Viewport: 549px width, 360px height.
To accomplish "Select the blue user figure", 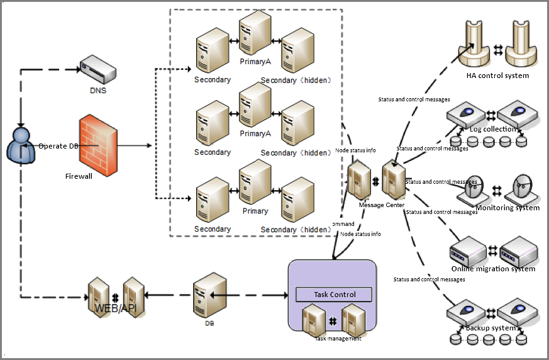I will pos(21,145).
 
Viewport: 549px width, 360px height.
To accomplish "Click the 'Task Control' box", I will pos(335,295).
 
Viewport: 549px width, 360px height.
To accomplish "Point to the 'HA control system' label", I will pos(497,76).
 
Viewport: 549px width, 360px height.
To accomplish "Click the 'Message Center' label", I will pos(381,205).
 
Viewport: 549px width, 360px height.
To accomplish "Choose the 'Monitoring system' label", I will pos(507,208).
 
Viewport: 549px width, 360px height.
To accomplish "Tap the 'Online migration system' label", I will pos(493,269).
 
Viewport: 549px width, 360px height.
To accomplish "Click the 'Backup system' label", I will pos(491,328).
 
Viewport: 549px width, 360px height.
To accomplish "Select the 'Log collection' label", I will pos(493,129).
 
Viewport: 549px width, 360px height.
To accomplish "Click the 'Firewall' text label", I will pos(79,176).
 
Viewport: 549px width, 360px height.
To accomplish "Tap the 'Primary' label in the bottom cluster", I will pos(255,211).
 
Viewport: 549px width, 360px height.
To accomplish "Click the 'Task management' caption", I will pos(338,339).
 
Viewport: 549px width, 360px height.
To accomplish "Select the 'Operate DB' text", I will pos(58,146).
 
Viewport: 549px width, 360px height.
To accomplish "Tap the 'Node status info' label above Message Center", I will pos(355,150).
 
